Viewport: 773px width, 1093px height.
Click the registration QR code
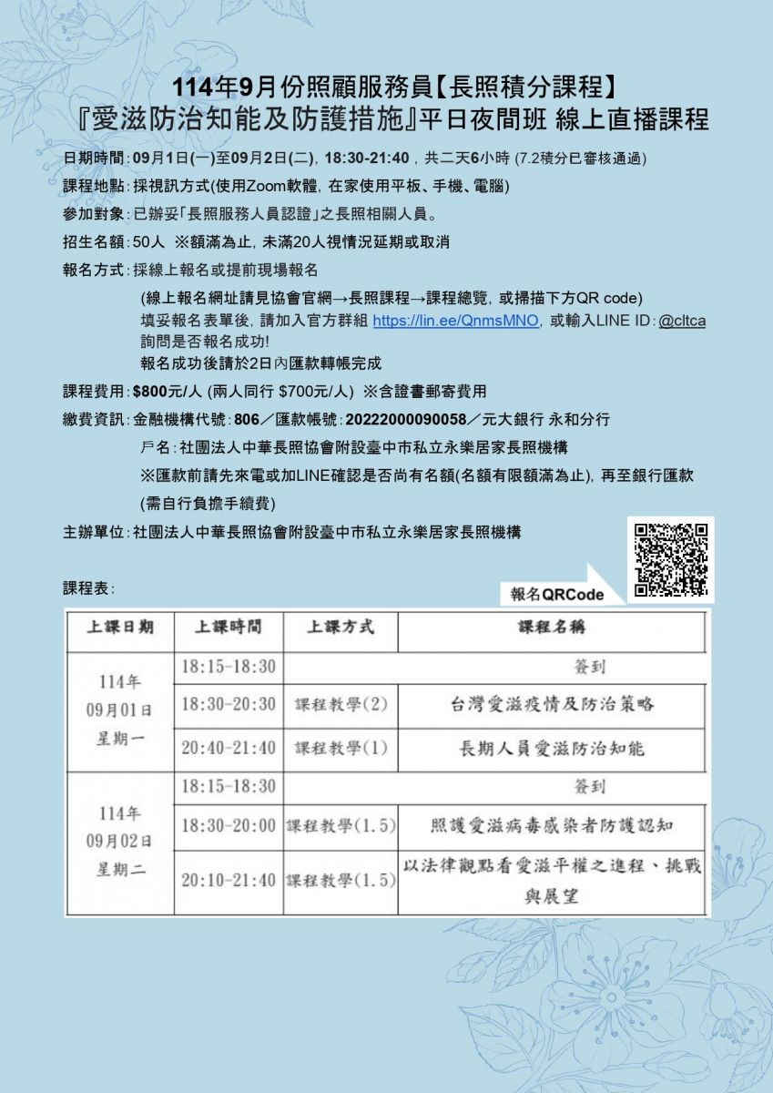coord(671,560)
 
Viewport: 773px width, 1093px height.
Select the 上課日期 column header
coord(119,628)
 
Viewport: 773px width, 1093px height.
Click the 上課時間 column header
coord(228,628)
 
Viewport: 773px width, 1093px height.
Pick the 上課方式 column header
coord(340,628)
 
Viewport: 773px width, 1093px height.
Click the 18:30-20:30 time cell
coord(228,704)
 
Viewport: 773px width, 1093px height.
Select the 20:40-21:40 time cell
coord(228,748)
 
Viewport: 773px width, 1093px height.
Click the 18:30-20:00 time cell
coord(228,825)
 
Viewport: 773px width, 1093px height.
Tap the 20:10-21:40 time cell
coord(228,881)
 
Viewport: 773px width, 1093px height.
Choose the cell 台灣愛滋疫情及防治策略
coord(552,704)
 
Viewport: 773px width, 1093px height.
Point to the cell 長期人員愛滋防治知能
coord(552,748)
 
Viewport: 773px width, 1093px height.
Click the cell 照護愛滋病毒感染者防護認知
coord(552,825)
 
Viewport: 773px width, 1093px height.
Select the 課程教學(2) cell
coord(341,704)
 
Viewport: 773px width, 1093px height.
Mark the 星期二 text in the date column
coord(120,868)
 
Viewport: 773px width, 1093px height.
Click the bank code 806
coord(247,420)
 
